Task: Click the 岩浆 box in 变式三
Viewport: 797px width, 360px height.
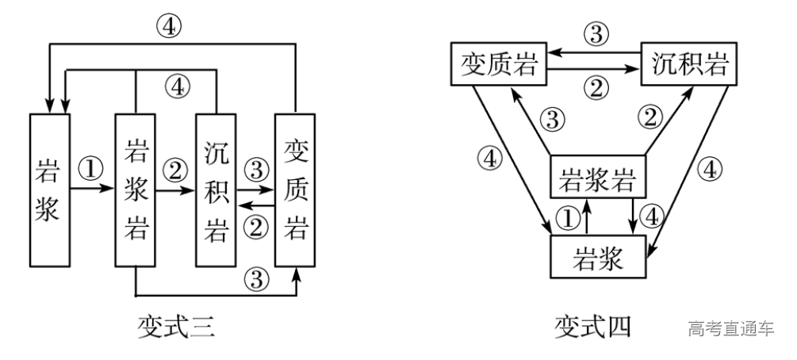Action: [x=49, y=190]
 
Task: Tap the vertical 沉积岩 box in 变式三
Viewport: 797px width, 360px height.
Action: [x=215, y=190]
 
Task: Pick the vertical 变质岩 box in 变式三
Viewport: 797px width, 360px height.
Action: [x=295, y=190]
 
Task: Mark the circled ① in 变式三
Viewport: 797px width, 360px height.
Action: [x=92, y=169]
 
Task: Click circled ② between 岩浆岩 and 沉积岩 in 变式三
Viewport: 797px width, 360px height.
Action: [x=174, y=169]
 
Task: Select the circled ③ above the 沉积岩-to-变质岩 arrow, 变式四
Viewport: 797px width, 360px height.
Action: [x=596, y=33]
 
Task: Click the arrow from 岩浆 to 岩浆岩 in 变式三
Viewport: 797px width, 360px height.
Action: [x=92, y=190]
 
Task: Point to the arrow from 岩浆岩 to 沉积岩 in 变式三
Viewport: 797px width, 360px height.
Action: [x=174, y=190]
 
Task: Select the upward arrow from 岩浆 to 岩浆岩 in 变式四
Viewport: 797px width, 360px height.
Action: [x=586, y=217]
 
